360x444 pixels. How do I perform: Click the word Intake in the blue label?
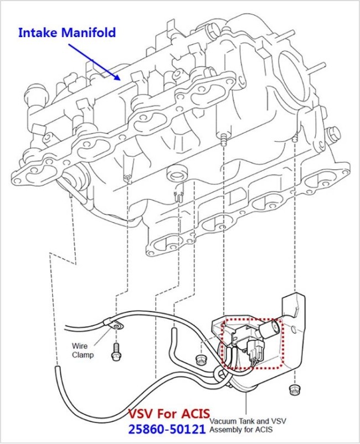pos(38,33)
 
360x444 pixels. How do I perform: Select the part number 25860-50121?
pos(167,429)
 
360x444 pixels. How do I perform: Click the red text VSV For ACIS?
pos(168,414)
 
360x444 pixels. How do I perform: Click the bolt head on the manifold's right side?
pos(333,133)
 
